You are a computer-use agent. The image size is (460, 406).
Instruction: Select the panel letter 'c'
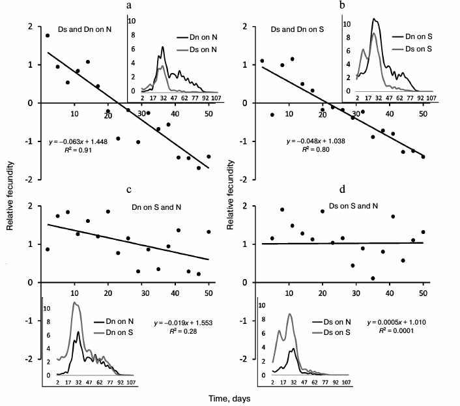[x=130, y=190]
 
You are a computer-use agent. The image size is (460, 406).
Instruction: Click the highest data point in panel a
[x=48, y=36]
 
